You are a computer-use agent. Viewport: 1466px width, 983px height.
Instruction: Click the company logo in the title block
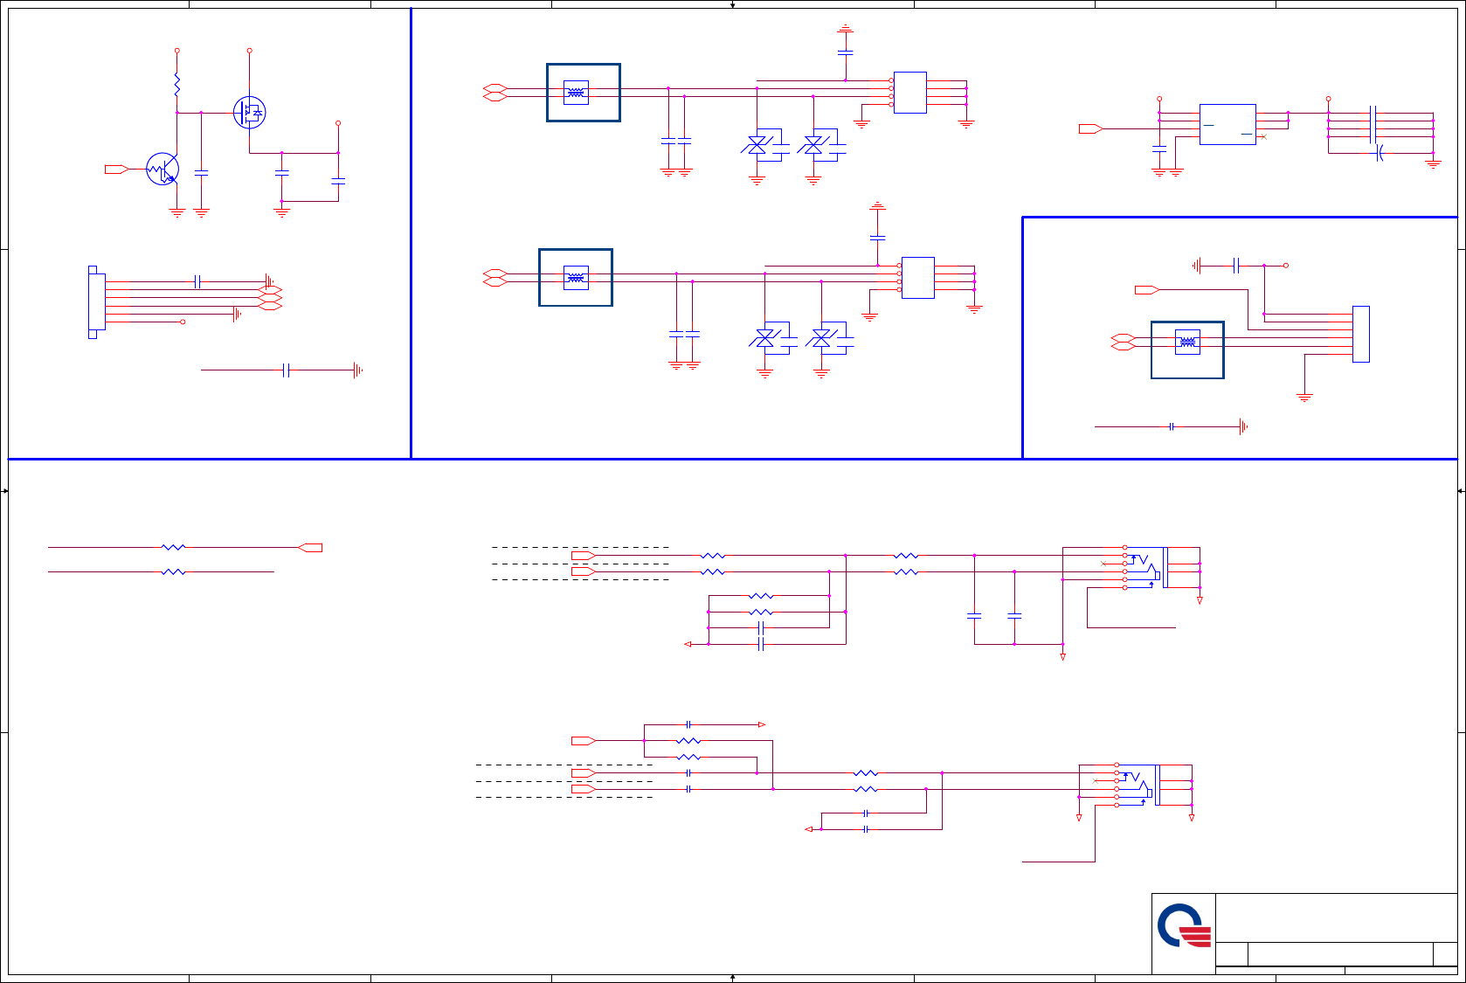(x=1184, y=926)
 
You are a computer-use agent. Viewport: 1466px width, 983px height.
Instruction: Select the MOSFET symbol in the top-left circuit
(x=250, y=112)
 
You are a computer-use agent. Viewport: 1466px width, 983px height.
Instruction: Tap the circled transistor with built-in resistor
(x=163, y=169)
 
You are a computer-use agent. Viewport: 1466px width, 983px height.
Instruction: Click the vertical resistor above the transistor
(x=176, y=85)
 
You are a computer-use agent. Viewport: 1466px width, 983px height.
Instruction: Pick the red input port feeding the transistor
(x=116, y=169)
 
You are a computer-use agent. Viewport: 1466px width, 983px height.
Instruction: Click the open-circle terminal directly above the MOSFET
(x=250, y=51)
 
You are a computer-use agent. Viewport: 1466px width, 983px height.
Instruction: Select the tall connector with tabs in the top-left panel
(x=96, y=301)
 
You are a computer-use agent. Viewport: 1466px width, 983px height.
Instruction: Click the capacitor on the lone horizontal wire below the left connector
(x=286, y=370)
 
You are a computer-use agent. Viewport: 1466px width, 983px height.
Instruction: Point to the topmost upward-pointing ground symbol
(x=845, y=29)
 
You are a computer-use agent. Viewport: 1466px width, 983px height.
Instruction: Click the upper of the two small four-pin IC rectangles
(x=909, y=93)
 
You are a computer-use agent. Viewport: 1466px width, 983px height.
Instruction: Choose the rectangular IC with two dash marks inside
(x=1227, y=124)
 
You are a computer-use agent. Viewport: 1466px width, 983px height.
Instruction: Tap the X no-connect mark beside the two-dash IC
(x=1262, y=137)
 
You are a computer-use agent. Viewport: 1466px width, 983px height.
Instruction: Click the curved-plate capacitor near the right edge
(x=1380, y=153)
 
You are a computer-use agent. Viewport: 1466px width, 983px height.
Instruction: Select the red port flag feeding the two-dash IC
(x=1089, y=128)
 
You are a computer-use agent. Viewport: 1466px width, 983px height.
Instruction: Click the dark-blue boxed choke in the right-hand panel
(x=1187, y=350)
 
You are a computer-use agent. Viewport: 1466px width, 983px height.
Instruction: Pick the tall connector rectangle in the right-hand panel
(x=1360, y=334)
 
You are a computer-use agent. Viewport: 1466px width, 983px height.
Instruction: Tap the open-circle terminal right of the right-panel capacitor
(x=1285, y=265)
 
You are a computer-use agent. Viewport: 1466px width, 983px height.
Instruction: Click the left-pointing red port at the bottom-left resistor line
(x=310, y=548)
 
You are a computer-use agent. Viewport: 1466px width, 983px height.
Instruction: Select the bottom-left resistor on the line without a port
(x=174, y=571)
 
